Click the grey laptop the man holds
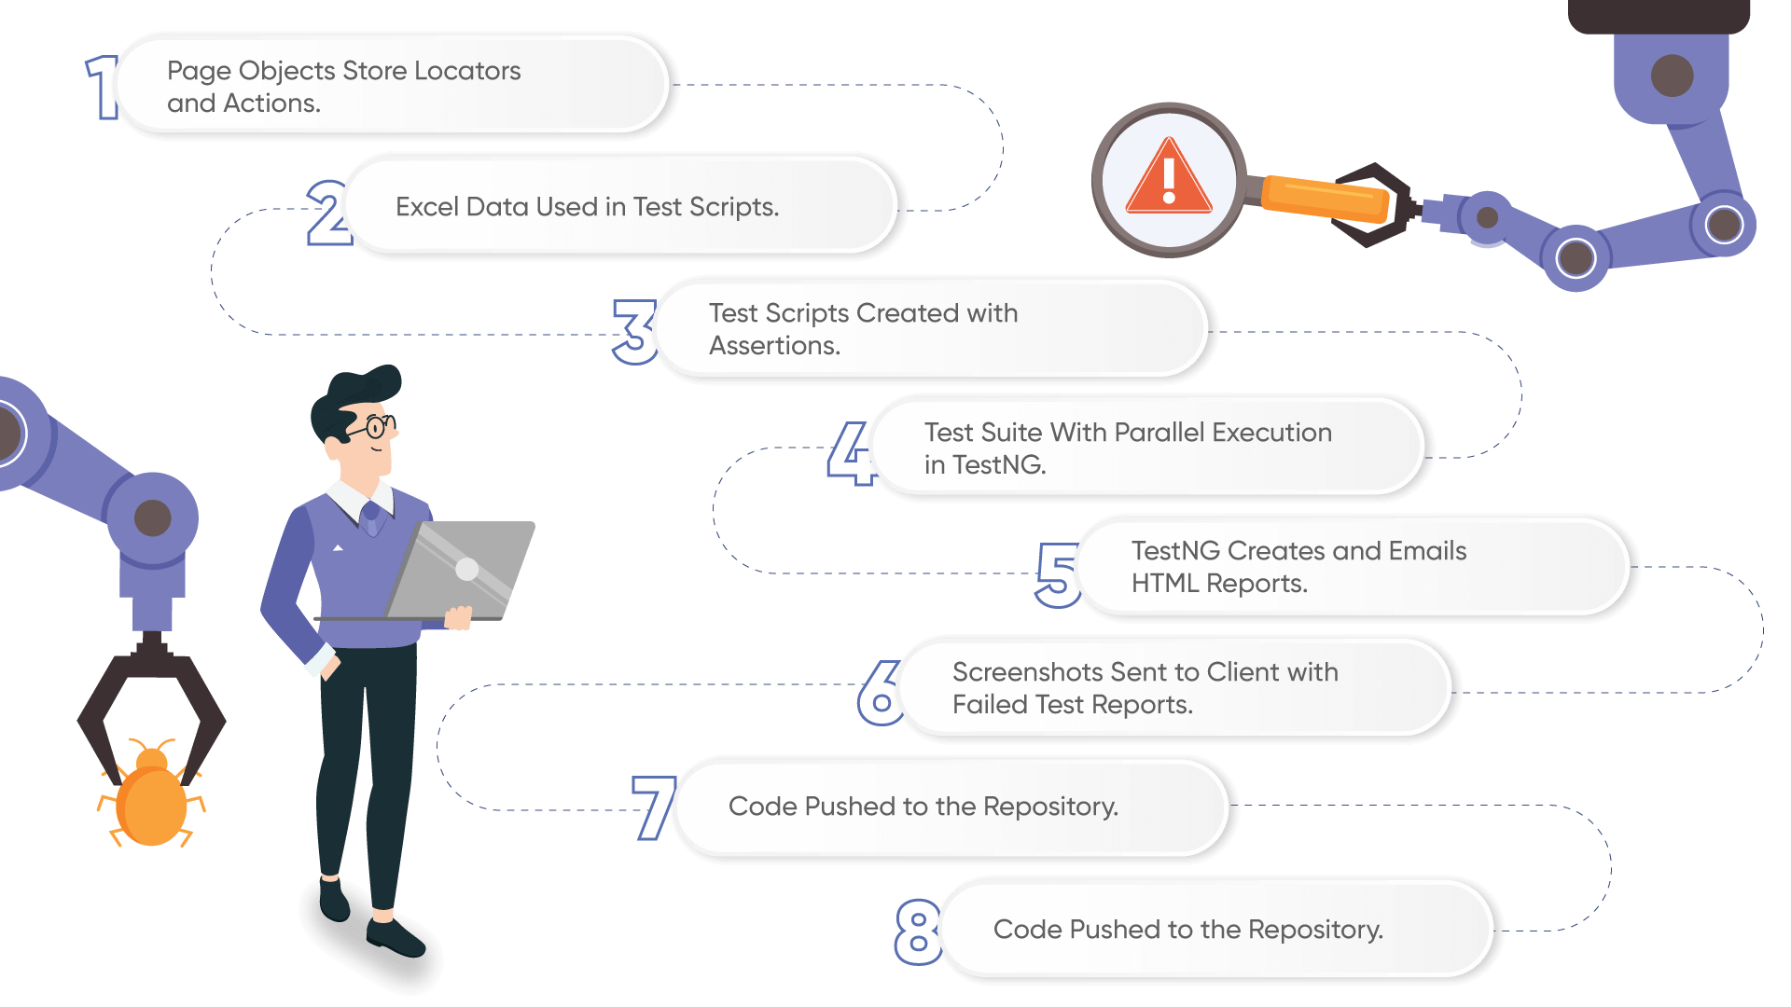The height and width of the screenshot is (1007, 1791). point(462,569)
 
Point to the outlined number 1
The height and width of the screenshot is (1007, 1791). point(102,88)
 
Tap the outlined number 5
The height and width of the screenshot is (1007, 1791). point(1057,574)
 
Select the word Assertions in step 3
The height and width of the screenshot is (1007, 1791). point(774,346)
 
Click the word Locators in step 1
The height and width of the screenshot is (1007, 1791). point(466,71)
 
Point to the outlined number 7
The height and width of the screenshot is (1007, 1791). point(654,807)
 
